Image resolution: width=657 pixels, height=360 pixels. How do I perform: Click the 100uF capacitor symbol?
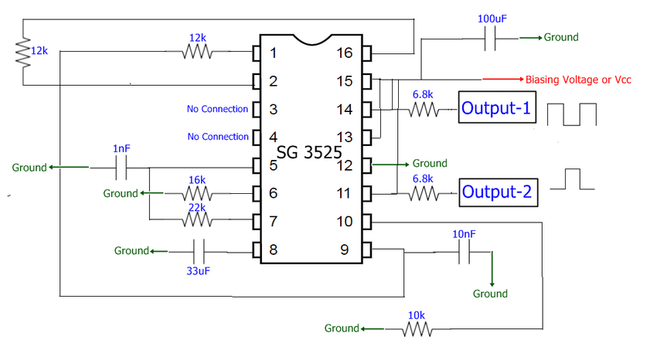click(489, 37)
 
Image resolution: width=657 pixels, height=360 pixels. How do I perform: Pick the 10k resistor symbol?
click(417, 329)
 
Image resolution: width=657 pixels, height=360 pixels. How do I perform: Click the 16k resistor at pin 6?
click(197, 193)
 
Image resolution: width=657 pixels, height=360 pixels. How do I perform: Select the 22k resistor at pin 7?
click(197, 221)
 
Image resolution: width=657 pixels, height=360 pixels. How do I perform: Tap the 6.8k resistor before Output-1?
click(422, 110)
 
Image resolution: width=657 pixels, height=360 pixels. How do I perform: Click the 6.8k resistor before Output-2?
click(422, 193)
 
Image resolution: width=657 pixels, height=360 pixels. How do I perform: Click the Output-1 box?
click(497, 109)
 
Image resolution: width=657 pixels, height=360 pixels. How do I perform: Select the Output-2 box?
click(497, 192)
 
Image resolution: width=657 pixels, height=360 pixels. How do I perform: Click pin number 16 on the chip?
click(345, 53)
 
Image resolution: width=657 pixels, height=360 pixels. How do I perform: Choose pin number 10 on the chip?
click(345, 222)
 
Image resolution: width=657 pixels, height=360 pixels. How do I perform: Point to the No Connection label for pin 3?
click(217, 109)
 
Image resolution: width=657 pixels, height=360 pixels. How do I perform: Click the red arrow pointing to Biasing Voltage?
click(502, 80)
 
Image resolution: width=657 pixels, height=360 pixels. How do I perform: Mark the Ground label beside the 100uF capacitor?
click(560, 37)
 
